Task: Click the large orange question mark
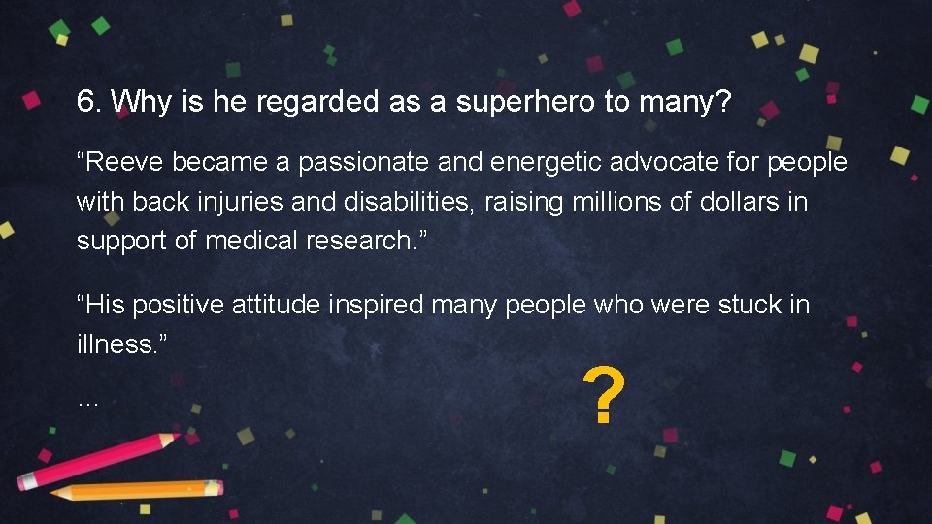603,397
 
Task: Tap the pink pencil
97,460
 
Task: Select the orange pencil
136,490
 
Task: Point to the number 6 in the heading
86,102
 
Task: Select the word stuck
748,305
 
